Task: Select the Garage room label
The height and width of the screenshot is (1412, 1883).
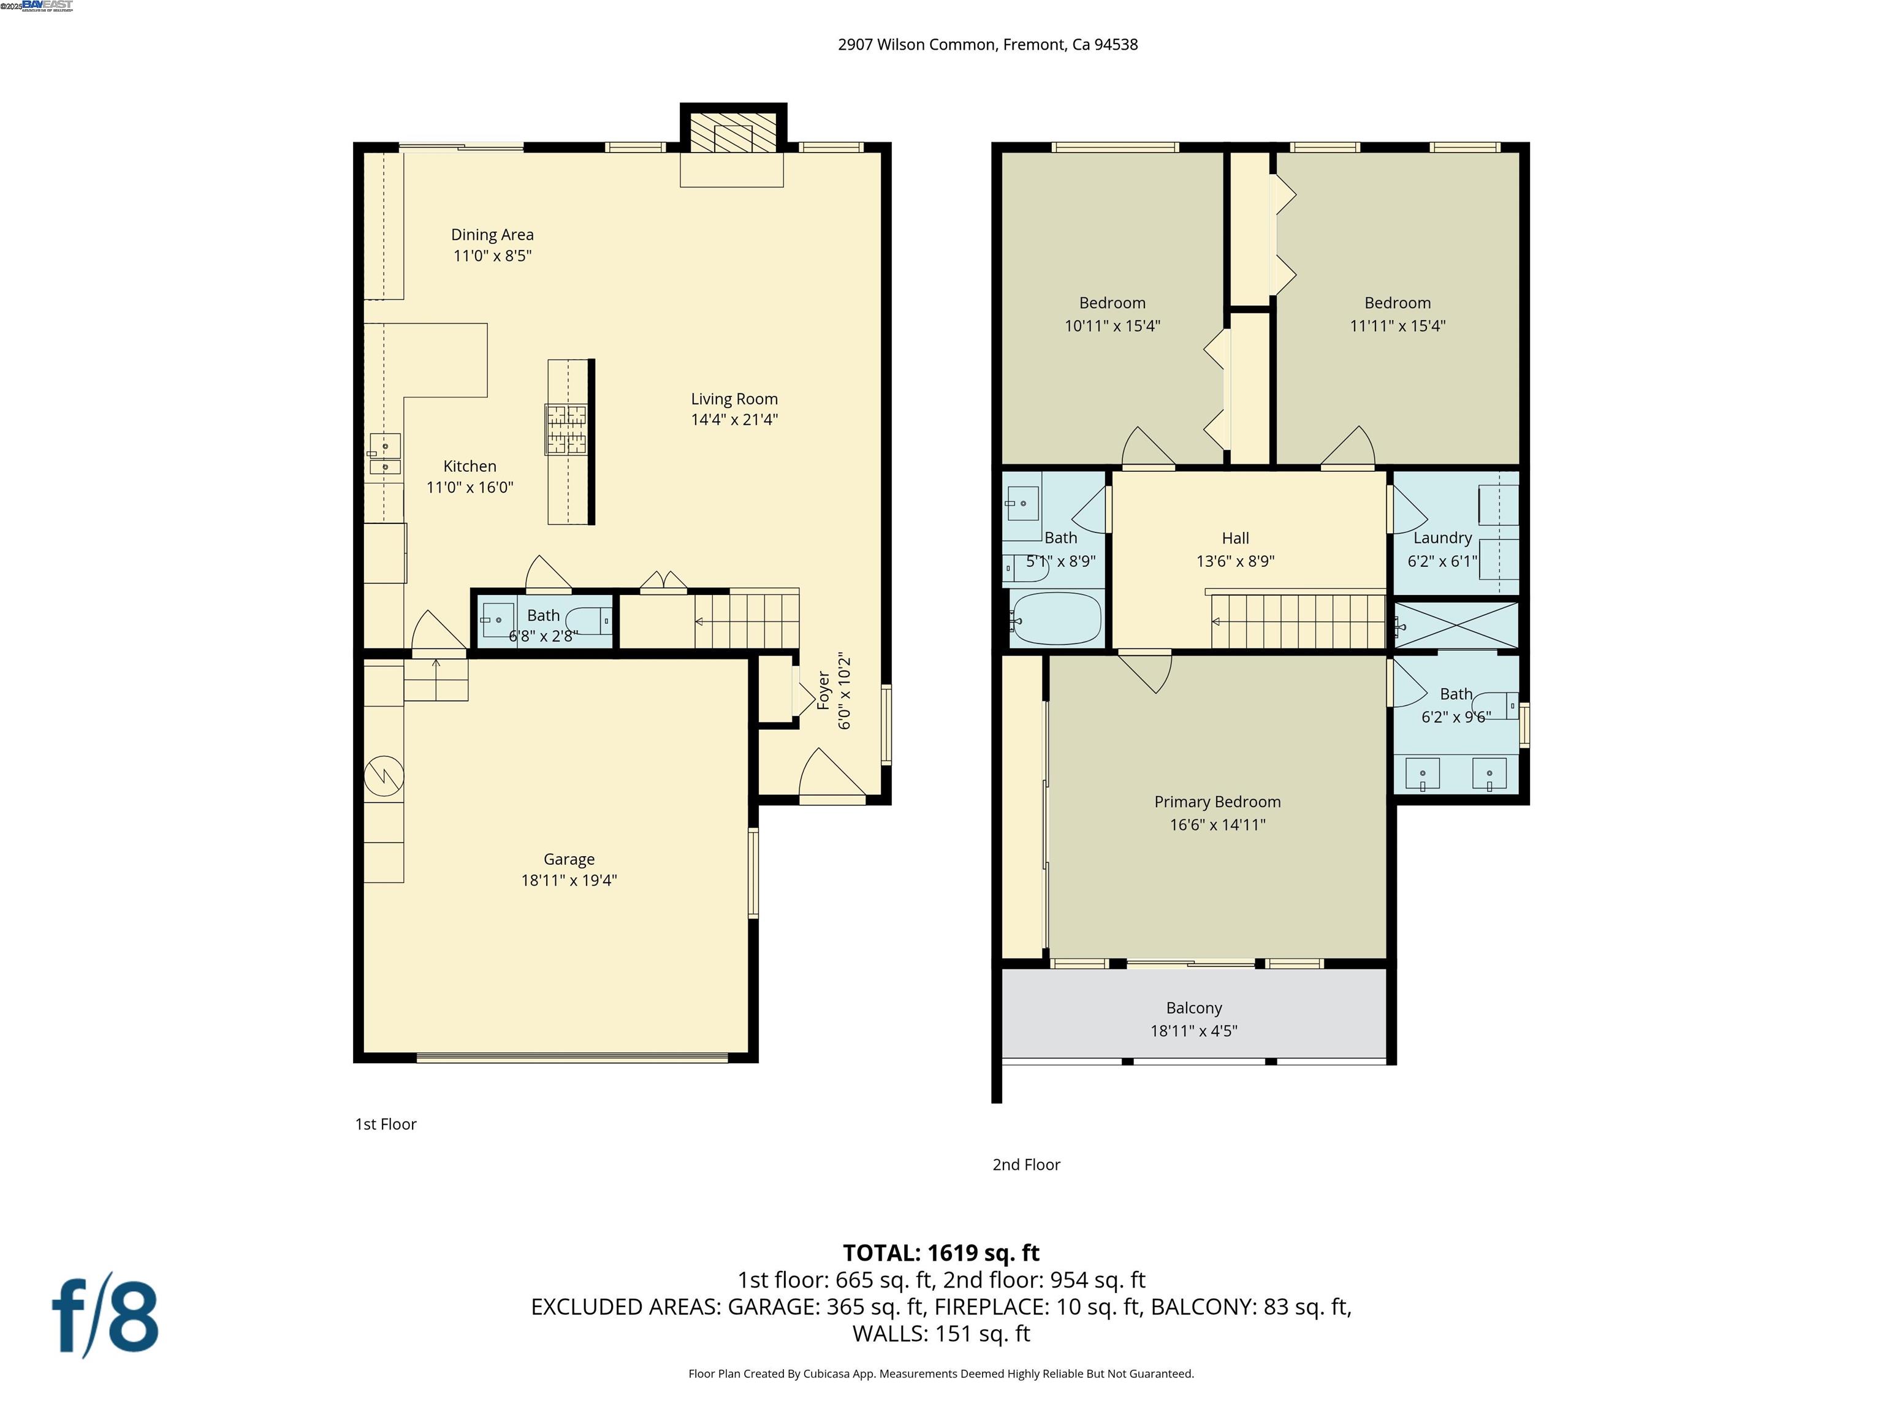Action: point(569,859)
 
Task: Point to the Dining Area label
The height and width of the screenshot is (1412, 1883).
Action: point(492,235)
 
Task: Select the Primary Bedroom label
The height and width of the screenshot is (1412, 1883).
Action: point(1217,802)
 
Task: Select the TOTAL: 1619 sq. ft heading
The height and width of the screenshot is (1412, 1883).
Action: point(941,1253)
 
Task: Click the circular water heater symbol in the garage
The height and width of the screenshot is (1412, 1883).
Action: point(384,775)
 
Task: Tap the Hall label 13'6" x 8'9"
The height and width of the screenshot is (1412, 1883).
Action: point(1235,561)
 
